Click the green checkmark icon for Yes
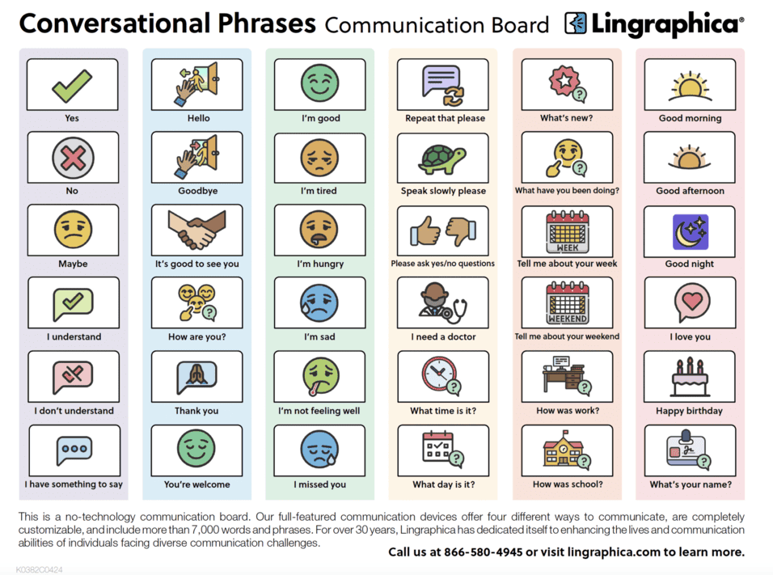(72, 85)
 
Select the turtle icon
(442, 158)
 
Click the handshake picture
(196, 230)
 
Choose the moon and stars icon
(690, 231)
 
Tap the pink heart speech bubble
(689, 302)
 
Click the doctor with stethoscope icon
(442, 303)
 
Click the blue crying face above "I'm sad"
(319, 302)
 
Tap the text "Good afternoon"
(690, 191)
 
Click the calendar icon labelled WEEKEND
(566, 303)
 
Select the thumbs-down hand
(461, 231)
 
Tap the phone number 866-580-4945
(488, 552)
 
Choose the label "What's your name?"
(690, 484)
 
